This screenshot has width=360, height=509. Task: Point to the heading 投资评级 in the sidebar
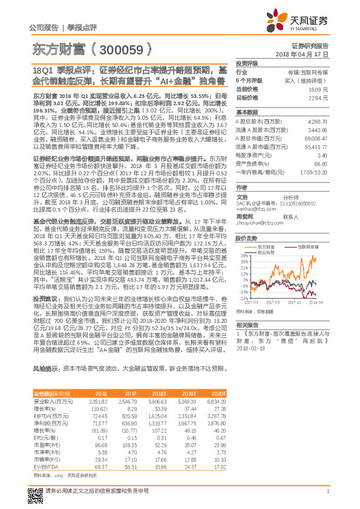(247, 63)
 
